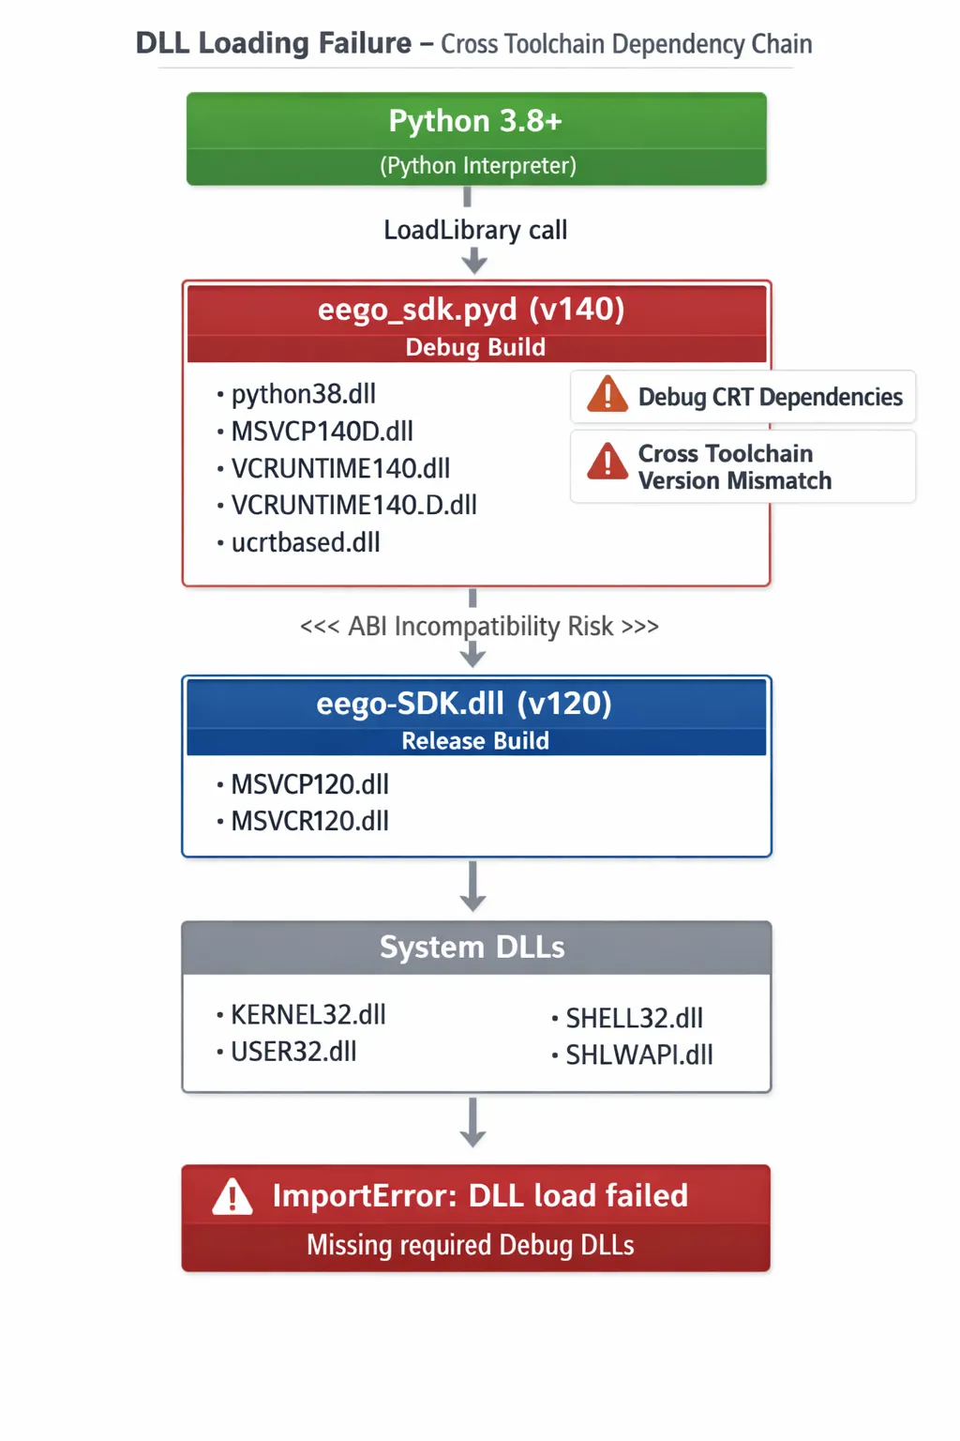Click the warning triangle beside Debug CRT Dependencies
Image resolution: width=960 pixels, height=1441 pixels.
(607, 394)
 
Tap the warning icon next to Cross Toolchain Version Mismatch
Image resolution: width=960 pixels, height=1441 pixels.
(607, 462)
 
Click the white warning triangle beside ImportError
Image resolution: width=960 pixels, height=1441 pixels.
(232, 1196)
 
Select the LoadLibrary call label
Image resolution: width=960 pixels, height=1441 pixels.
(475, 230)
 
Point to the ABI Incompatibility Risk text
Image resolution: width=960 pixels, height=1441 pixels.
(480, 626)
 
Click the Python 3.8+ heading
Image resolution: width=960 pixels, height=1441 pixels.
(475, 121)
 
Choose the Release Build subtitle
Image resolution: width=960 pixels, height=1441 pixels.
(475, 740)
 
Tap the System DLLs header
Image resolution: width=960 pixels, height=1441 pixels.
(472, 947)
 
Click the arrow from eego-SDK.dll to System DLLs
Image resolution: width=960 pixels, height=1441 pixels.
(472, 886)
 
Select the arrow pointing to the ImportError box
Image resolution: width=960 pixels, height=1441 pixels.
(472, 1122)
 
